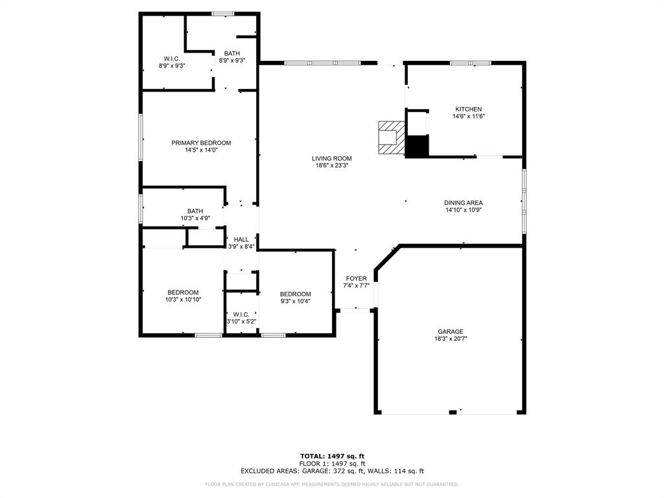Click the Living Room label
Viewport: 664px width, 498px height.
click(x=331, y=158)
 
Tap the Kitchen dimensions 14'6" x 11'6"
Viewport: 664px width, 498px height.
click(x=468, y=116)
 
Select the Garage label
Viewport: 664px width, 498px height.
click(x=451, y=331)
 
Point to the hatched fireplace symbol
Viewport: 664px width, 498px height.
click(x=392, y=137)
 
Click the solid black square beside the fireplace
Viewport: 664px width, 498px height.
click(x=417, y=147)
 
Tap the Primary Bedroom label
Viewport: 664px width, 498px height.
click(x=201, y=143)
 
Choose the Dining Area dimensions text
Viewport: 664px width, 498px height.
click(x=463, y=209)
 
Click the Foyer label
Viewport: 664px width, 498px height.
click(x=356, y=278)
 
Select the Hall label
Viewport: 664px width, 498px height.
click(x=241, y=239)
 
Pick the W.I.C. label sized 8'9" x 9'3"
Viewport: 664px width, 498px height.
click(x=172, y=58)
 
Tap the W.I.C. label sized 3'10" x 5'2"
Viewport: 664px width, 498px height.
click(x=241, y=314)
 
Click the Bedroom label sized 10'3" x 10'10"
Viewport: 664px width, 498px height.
click(x=183, y=292)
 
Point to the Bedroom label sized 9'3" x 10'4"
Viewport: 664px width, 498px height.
click(x=295, y=294)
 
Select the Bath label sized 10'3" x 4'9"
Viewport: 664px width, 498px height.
click(x=195, y=211)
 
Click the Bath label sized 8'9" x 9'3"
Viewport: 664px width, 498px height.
click(x=231, y=53)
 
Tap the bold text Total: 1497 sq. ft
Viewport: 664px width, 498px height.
click(x=332, y=456)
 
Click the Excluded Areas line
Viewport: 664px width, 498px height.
click(x=332, y=471)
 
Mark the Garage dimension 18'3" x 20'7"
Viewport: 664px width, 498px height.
click(x=451, y=338)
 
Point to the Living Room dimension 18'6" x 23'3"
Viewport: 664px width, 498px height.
click(x=331, y=165)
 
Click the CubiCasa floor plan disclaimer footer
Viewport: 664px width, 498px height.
click(x=332, y=484)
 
